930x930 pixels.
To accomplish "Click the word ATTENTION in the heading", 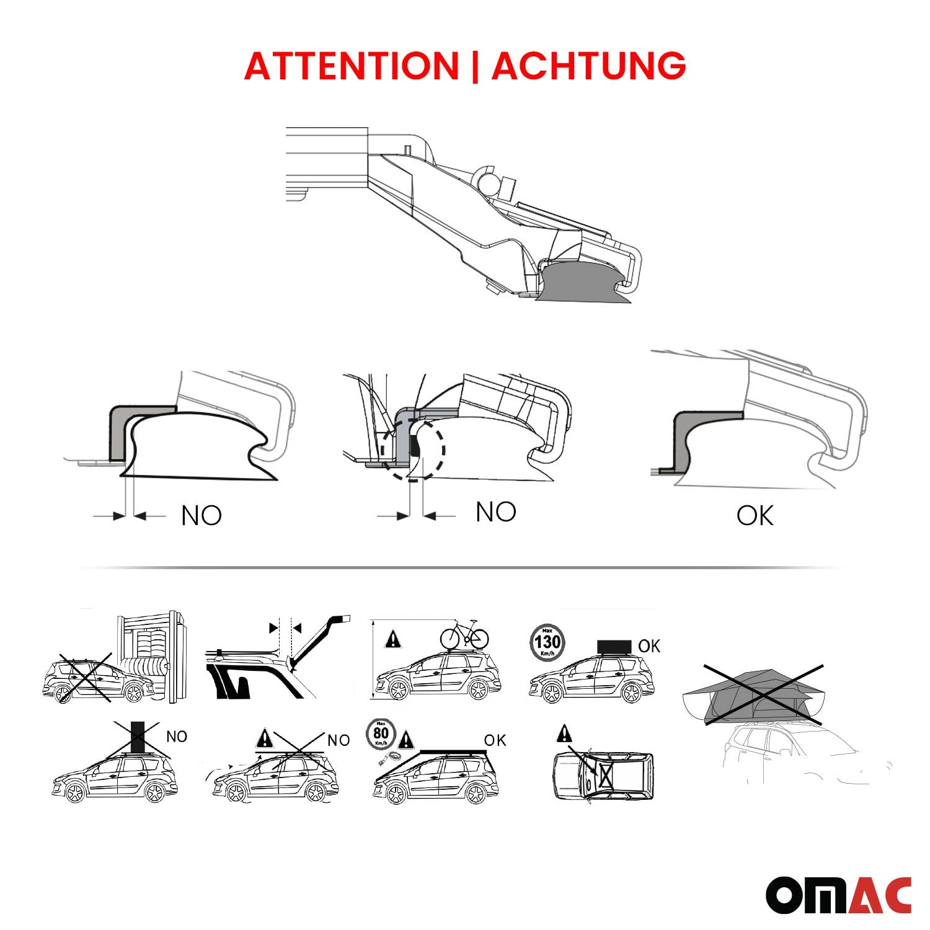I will pyautogui.click(x=351, y=66).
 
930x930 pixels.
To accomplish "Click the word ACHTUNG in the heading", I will pyautogui.click(x=588, y=66).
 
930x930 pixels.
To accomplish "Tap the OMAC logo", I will pyautogui.click(x=838, y=895).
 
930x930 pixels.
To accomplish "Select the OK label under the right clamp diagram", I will pyautogui.click(x=755, y=516).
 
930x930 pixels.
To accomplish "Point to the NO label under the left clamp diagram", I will pyautogui.click(x=201, y=516).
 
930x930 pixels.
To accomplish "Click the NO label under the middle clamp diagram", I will pyautogui.click(x=495, y=512).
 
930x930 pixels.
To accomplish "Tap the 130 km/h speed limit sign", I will pyautogui.click(x=547, y=642).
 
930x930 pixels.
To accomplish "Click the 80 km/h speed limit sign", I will pyautogui.click(x=381, y=734).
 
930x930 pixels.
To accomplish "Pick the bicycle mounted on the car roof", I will pyautogui.click(x=464, y=635).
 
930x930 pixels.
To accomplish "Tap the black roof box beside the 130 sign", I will pyautogui.click(x=614, y=647).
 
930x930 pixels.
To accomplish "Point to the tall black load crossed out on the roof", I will pyautogui.click(x=138, y=737).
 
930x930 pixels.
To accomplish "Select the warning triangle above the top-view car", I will pyautogui.click(x=564, y=734).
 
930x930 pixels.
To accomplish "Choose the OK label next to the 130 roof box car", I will pyautogui.click(x=649, y=646).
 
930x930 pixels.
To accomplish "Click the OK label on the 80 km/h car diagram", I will pyautogui.click(x=495, y=740).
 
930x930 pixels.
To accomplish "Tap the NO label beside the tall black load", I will pyautogui.click(x=176, y=737).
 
